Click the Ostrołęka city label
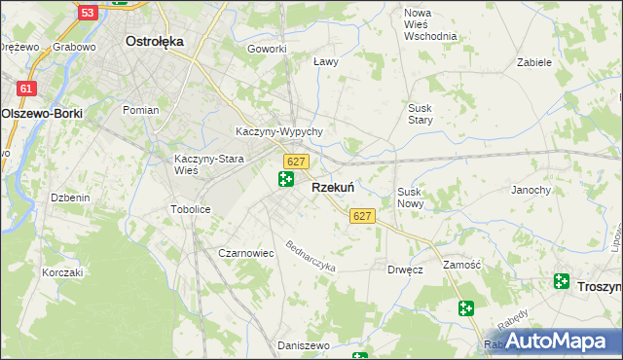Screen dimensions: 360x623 pos(155,42)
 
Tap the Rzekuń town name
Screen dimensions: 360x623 pos(332,188)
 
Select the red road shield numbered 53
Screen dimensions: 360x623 pos(88,13)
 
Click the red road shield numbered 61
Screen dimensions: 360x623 pos(26,89)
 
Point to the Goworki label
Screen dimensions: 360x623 pos(267,49)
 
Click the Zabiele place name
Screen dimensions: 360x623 pos(534,61)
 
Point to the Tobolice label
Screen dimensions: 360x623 pos(191,209)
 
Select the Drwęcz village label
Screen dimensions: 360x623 pos(404,270)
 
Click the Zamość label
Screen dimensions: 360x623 pos(461,264)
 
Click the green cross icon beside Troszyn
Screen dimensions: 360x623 pos(562,281)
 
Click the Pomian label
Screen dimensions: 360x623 pos(140,110)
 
